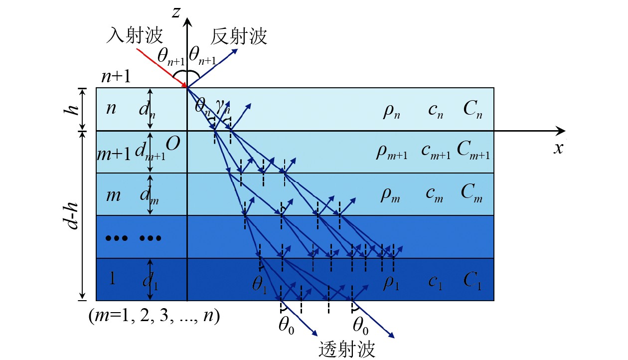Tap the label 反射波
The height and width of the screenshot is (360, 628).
pyautogui.click(x=239, y=36)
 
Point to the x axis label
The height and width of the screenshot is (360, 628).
pyautogui.click(x=558, y=148)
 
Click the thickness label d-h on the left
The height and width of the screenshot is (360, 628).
pyautogui.click(x=73, y=215)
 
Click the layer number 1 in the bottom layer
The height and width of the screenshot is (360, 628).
pyautogui.click(x=113, y=279)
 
